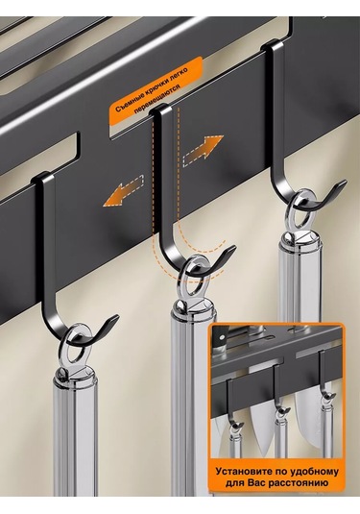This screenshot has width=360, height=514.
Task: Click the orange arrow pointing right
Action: (x=204, y=149)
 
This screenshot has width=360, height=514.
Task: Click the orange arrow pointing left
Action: (x=124, y=191)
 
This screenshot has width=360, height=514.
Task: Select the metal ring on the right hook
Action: (x=300, y=209)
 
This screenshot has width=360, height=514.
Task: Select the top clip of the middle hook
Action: (x=160, y=110)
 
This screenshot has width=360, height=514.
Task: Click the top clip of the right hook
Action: (x=273, y=45)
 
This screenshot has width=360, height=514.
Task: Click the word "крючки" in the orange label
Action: (x=156, y=86)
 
